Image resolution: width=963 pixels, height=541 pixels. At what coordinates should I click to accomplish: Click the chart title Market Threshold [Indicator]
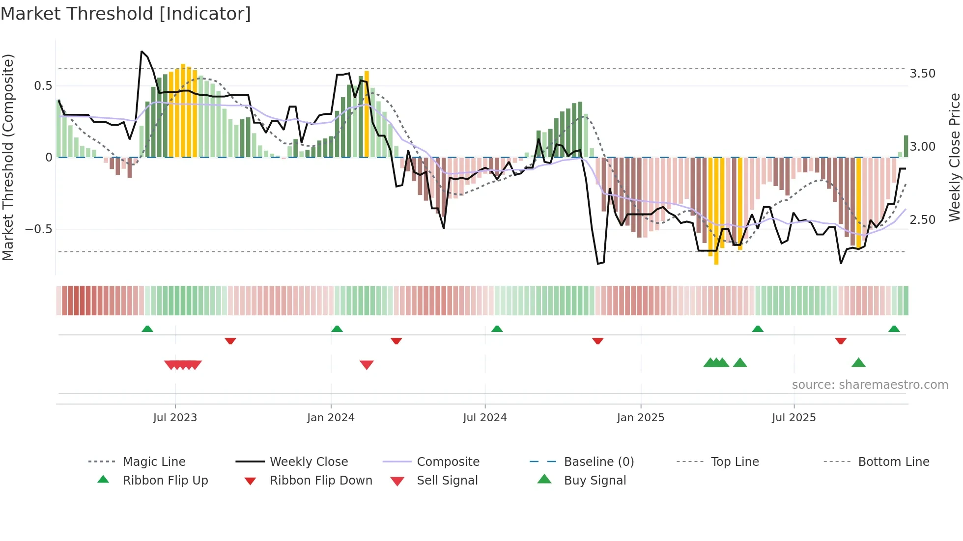126,14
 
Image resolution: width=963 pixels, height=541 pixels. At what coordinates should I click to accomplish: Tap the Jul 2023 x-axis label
175,417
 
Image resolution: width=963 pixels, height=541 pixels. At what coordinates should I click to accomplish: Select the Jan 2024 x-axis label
331,417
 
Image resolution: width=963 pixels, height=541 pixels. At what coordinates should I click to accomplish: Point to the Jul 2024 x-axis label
485,417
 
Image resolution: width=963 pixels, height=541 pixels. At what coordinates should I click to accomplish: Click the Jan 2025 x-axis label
641,417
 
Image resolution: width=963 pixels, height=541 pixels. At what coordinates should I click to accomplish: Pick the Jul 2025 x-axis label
794,417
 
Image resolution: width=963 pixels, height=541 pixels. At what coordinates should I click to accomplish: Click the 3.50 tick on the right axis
922,74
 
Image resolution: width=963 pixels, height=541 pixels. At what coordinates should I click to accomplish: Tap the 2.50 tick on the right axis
922,219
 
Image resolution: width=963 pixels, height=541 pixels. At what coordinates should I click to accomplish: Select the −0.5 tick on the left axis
38,229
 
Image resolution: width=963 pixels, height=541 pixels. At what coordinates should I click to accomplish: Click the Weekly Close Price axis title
954,157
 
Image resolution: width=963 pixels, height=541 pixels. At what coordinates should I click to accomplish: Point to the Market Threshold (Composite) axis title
8,157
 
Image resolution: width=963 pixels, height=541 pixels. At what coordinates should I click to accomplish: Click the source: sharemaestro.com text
870,384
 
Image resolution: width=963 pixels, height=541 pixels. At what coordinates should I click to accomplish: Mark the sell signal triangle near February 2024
367,364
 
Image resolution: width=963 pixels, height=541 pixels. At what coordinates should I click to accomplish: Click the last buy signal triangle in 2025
858,363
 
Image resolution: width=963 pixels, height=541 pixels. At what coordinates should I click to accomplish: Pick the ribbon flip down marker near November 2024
597,341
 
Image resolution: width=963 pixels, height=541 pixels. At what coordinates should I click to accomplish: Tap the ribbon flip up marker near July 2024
497,329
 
